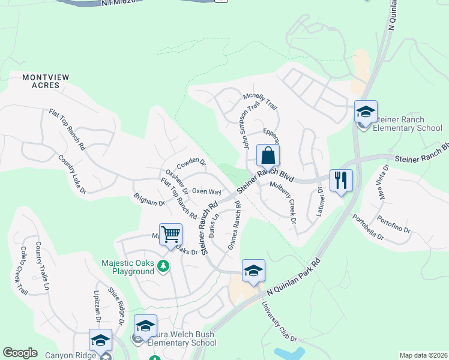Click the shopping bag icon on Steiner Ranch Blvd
(268, 156)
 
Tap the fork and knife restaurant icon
(341, 180)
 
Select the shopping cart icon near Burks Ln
(171, 235)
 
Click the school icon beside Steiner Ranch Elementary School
(366, 112)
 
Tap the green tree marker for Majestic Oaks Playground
(163, 266)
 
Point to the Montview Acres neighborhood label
(41, 81)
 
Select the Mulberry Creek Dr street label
(283, 203)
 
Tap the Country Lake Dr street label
(72, 175)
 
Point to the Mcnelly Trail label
(260, 100)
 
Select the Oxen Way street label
(206, 191)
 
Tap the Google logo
(20, 353)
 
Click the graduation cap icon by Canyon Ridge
(100, 340)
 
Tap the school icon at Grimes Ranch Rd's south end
(253, 271)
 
